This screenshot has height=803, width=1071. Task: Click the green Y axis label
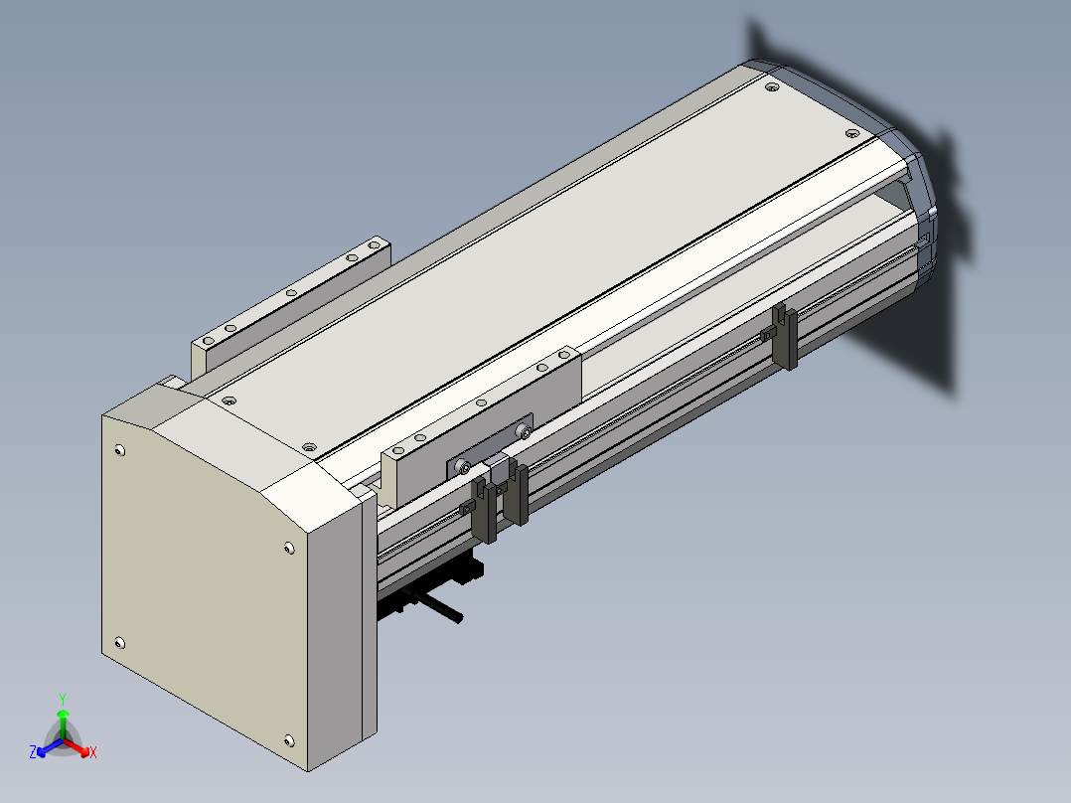(63, 699)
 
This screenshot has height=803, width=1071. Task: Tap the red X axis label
(93, 752)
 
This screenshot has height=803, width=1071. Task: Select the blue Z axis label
(33, 751)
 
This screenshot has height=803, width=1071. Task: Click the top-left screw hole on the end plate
(120, 450)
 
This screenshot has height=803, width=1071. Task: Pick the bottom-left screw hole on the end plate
(119, 642)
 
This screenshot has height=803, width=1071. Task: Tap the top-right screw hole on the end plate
(289, 549)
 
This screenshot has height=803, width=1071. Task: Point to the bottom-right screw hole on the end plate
(289, 740)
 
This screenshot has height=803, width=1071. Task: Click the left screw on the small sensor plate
(465, 467)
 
